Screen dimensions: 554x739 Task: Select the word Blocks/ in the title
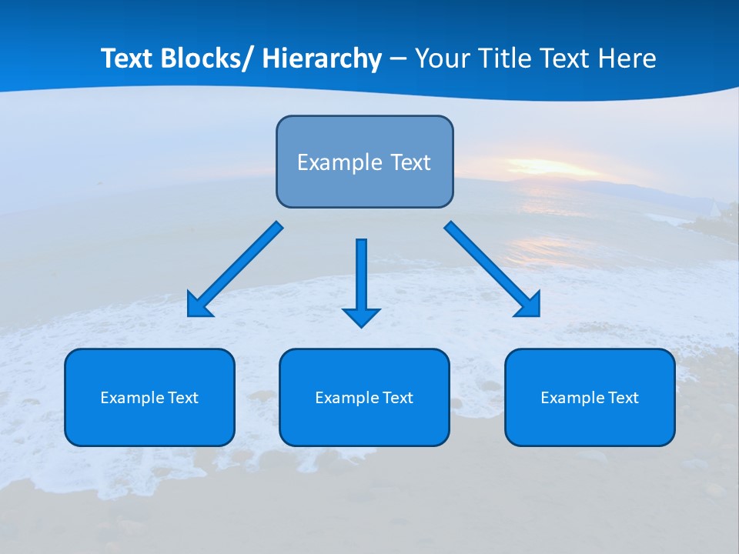[208, 58]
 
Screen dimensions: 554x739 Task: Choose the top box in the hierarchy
[364, 162]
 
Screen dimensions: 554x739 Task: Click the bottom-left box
[149, 397]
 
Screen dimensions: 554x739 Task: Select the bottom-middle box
[364, 397]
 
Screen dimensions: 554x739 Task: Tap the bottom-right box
[590, 397]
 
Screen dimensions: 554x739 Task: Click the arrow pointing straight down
[361, 277]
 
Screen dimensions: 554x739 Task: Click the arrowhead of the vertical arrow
[361, 317]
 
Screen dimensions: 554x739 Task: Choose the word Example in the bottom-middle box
[344, 398]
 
